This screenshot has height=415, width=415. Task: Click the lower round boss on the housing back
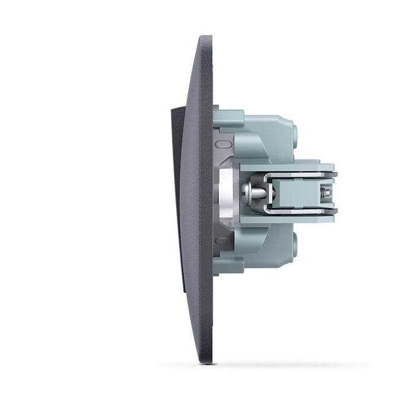coord(293,245)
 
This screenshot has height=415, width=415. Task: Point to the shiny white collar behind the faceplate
coord(225,191)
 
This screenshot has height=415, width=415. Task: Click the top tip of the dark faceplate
coord(205,39)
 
